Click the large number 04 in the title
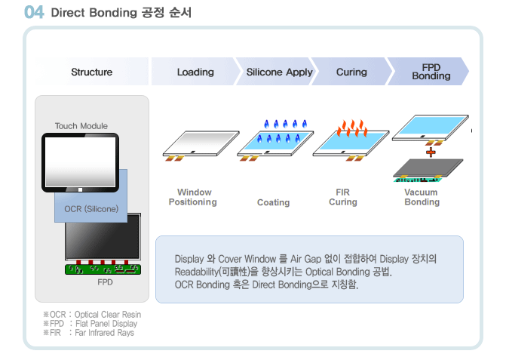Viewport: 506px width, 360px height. point(34,12)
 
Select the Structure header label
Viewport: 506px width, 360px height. point(92,72)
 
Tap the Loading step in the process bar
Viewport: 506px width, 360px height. point(195,72)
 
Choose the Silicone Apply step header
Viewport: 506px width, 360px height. point(280,72)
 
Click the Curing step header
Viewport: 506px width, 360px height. point(351,72)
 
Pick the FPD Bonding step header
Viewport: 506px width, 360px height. point(431,72)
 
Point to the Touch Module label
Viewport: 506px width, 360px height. point(81,126)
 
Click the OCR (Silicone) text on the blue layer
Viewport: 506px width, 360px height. point(91,209)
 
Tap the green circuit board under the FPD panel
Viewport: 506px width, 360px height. point(103,269)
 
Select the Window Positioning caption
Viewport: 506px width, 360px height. point(193,197)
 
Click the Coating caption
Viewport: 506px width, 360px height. point(273,202)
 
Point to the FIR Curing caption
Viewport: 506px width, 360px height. point(343,197)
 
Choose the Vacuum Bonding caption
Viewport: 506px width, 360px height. point(422,197)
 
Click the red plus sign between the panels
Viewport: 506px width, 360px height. point(431,152)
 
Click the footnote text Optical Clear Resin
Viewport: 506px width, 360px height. point(108,315)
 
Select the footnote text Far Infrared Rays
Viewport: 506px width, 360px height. point(105,333)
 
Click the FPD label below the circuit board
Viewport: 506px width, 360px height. point(106,282)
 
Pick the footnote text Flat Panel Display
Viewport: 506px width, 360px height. point(106,324)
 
